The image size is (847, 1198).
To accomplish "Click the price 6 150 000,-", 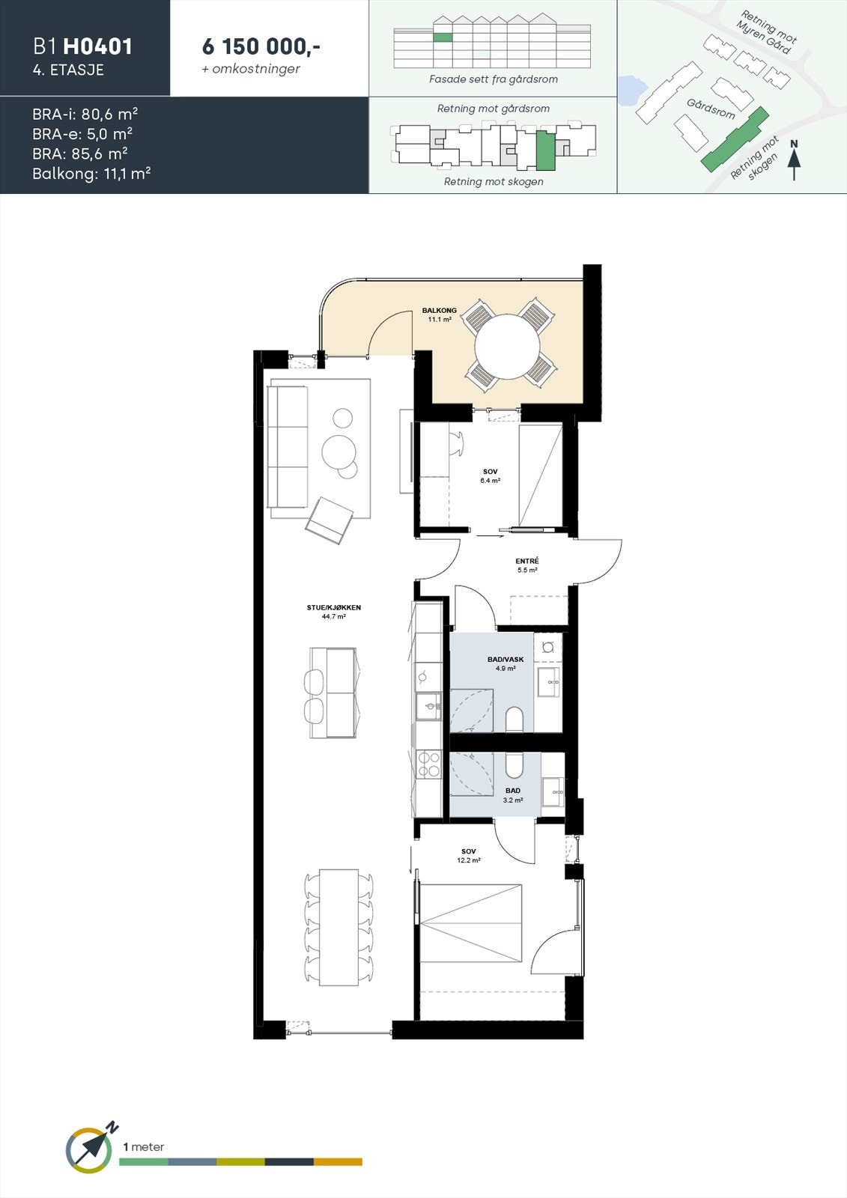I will click(261, 46).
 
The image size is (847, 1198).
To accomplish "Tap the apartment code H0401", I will click(97, 46).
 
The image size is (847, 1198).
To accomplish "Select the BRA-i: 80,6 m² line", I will click(85, 115).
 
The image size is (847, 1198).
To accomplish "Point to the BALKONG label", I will click(439, 310).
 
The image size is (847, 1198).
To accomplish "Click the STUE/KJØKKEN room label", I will click(333, 608).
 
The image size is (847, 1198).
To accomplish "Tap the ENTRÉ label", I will click(527, 562).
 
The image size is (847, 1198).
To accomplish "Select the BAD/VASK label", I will click(506, 660).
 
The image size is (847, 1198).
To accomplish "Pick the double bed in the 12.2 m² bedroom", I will click(470, 923).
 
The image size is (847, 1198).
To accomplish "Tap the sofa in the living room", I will click(289, 447).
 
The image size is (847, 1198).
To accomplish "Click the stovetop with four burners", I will click(429, 764).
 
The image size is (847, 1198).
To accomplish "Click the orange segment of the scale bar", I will click(338, 1162).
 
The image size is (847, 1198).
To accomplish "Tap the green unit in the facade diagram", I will click(443, 37).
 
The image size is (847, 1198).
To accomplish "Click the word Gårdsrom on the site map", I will click(711, 109).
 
